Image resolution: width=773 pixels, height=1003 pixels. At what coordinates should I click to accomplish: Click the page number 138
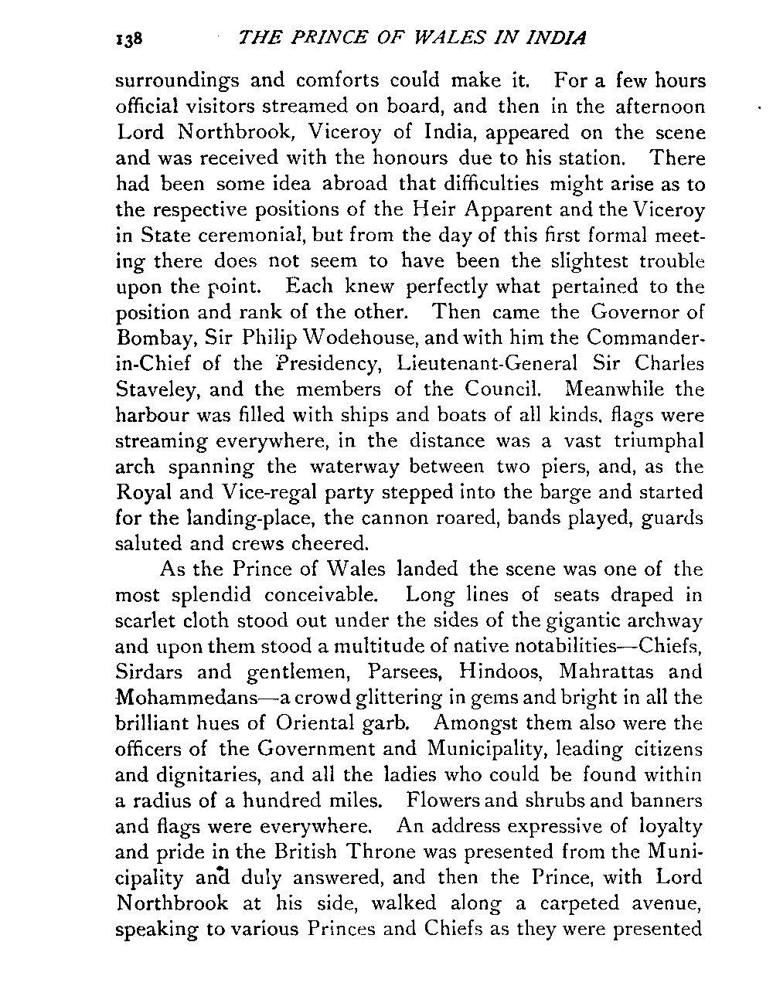pyautogui.click(x=124, y=39)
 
